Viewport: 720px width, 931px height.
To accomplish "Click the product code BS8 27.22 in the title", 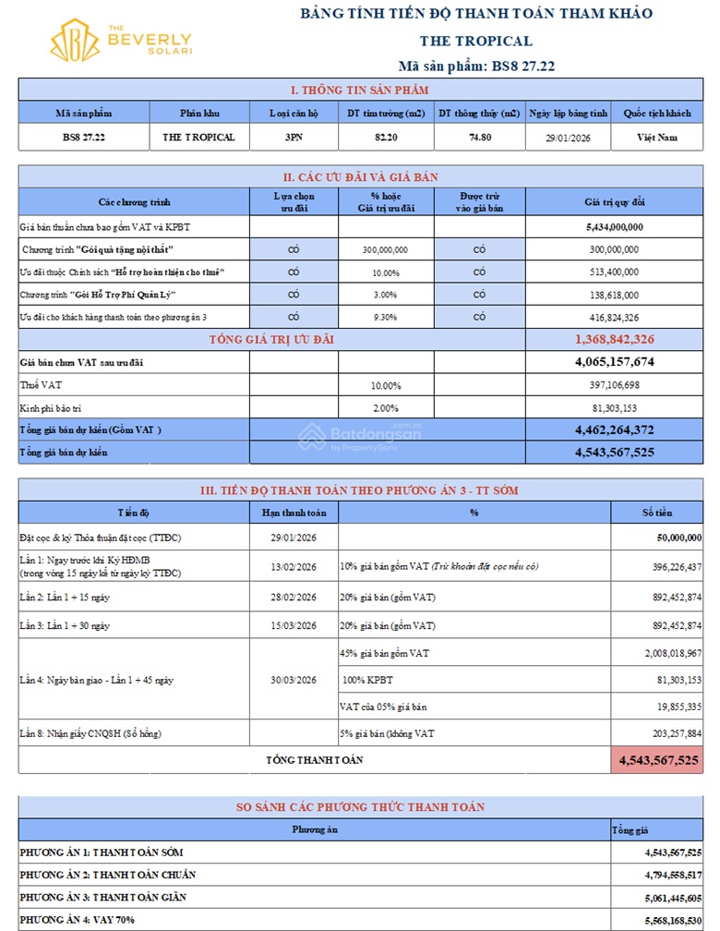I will pyautogui.click(x=522, y=66).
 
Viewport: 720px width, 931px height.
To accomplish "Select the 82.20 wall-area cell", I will pyautogui.click(x=385, y=138).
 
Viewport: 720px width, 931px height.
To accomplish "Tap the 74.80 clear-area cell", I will pyautogui.click(x=478, y=138).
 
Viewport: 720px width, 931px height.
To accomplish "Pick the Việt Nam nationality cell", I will pyautogui.click(x=656, y=138).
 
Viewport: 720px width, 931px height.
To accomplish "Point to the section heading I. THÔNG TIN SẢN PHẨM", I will pyautogui.click(x=360, y=90).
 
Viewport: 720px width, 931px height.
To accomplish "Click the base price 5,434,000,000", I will pyautogui.click(x=614, y=226).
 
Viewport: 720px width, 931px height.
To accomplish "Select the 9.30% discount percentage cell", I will pyautogui.click(x=386, y=317).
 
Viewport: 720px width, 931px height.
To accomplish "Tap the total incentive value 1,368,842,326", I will pyautogui.click(x=614, y=340).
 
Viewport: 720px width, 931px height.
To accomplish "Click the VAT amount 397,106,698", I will pyautogui.click(x=613, y=385).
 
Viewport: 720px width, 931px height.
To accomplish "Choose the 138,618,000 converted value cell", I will pyautogui.click(x=614, y=295).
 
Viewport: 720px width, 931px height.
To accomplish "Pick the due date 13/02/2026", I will pyautogui.click(x=294, y=566).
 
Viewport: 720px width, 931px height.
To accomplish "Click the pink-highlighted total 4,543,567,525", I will pyautogui.click(x=656, y=760).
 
